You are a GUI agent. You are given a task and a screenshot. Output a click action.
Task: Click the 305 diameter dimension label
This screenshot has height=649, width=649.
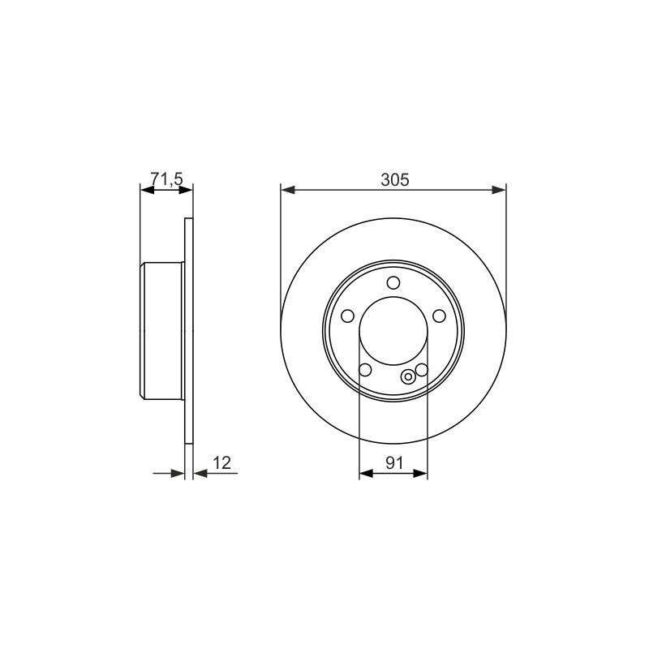(394, 179)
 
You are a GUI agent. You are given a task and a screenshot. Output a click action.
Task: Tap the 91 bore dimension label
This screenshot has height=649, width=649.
(394, 462)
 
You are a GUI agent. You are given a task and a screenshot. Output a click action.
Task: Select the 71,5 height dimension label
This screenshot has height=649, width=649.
(166, 179)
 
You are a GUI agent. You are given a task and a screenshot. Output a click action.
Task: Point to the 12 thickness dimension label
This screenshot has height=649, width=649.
(221, 462)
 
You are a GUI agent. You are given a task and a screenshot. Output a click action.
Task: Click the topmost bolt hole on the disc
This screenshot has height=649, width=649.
(393, 283)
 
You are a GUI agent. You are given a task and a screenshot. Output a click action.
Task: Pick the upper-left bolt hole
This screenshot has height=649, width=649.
(348, 316)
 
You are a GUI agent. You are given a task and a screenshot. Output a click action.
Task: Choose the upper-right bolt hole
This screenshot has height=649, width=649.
(439, 316)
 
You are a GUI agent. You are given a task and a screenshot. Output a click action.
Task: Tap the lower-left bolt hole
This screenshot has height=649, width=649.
(365, 370)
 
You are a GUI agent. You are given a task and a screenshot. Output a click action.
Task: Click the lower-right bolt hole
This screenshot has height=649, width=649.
(421, 370)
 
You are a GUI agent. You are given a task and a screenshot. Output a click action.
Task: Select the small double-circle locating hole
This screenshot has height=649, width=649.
(409, 376)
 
